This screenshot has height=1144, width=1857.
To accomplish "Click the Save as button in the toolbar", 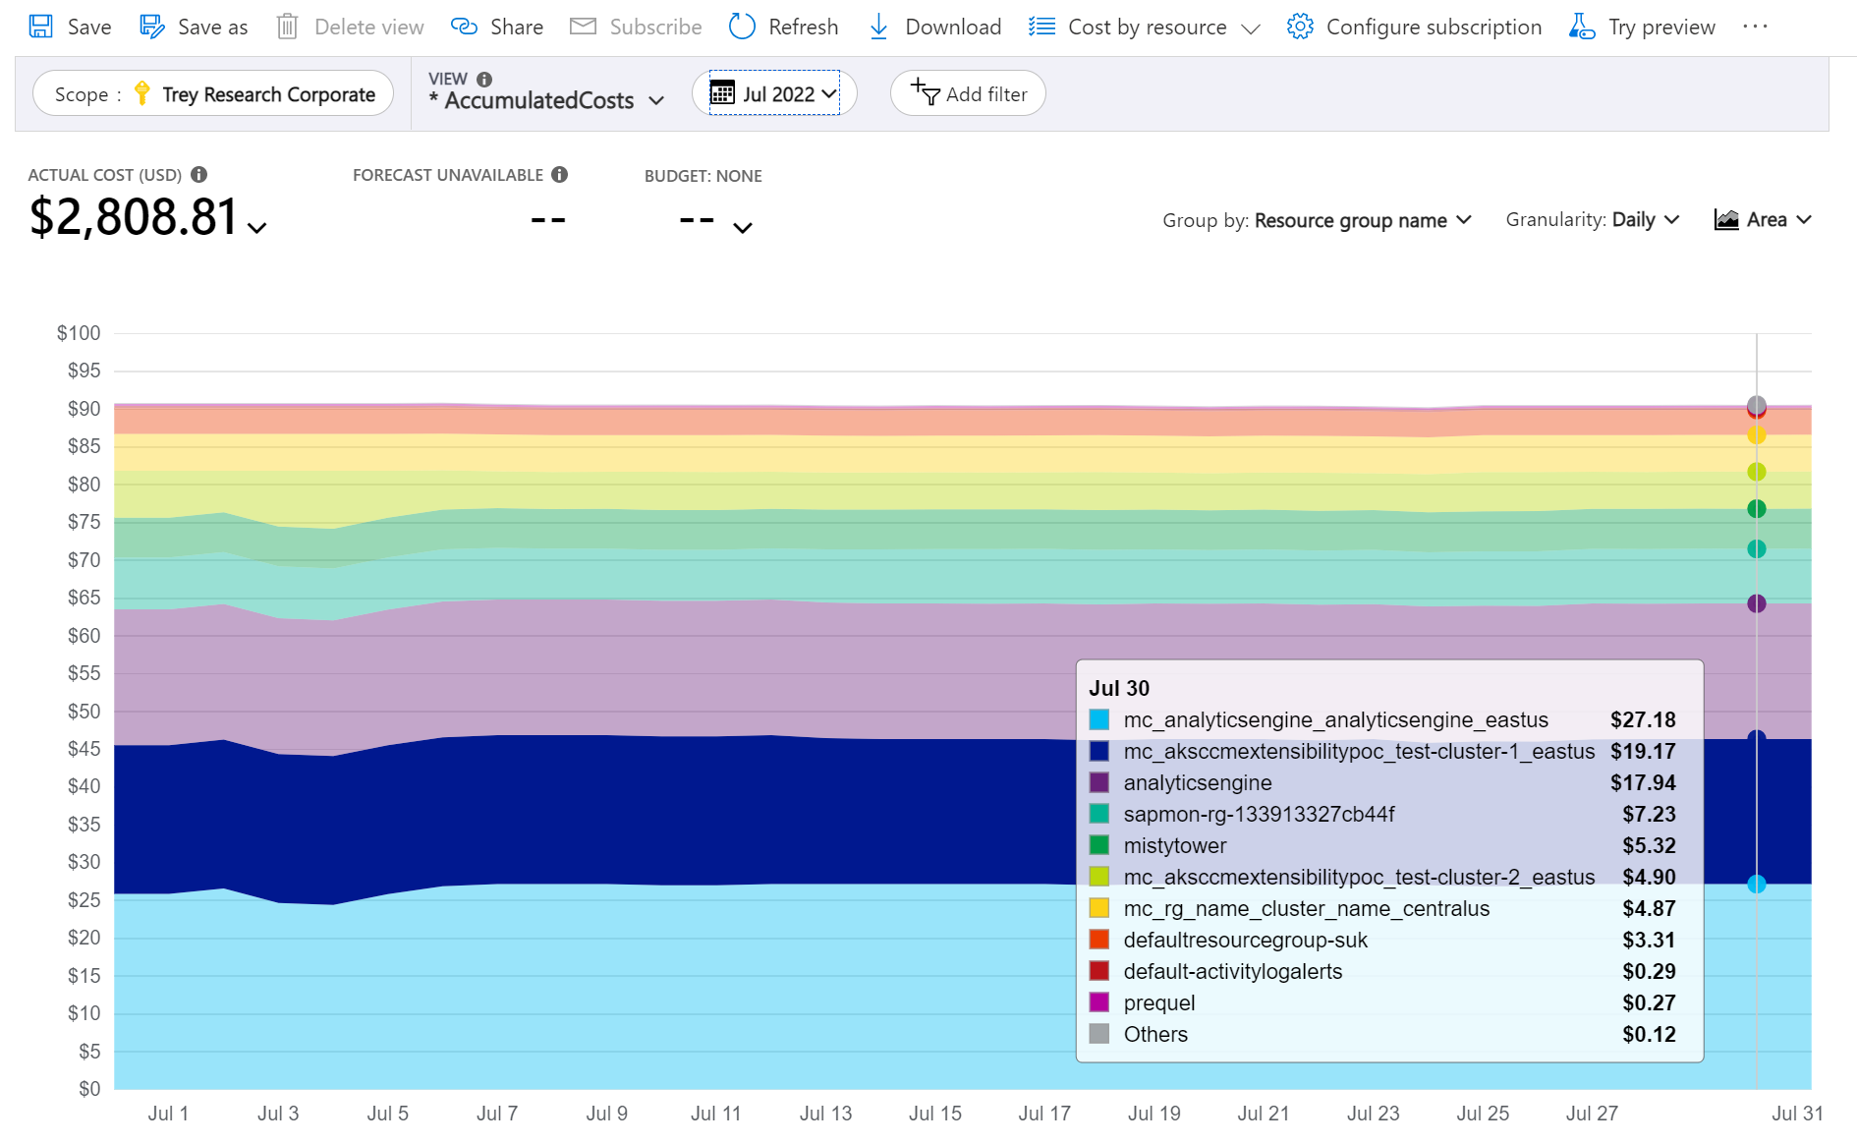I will pos(194,27).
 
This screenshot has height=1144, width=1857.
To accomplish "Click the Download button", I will pos(934,27).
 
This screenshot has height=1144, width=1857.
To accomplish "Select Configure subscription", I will pos(1414,27).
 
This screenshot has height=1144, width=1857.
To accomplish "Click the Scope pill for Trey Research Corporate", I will pos(213,94).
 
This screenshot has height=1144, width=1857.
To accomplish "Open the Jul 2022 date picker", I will pos(774,93).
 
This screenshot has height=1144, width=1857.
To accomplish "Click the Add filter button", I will pos(968,94).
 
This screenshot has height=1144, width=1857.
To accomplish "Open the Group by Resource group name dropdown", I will pos(1317,220).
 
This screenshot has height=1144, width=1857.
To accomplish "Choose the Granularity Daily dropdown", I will pos(1593,220).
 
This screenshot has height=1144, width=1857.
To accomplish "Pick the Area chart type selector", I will pos(1763,220).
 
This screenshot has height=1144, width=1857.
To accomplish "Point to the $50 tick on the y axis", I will pos(84,711).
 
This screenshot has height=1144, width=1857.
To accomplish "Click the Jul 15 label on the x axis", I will pos(934,1114).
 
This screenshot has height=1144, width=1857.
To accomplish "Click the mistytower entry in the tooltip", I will pos(1174,845).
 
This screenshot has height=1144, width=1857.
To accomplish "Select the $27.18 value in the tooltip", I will pos(1643,719).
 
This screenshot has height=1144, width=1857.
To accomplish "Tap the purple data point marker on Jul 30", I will pos(1757,603).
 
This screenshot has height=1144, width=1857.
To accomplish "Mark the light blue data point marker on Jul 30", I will pos(1757,885).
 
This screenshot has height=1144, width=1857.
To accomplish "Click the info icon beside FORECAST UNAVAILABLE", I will pos(560,175).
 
